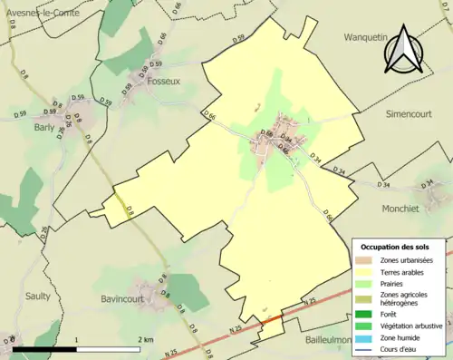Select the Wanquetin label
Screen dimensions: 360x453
tap(365, 37)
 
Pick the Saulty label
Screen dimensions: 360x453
tap(38, 296)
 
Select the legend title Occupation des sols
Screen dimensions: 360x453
tap(395, 247)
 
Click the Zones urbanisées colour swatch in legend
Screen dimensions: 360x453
tap(364, 260)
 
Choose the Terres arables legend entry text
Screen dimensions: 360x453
tap(401, 271)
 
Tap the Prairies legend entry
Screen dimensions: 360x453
tap(391, 283)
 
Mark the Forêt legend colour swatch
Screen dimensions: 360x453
tap(364, 313)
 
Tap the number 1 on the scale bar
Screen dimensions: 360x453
tap(77, 340)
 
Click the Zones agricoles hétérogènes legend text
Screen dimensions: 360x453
tap(406, 298)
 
